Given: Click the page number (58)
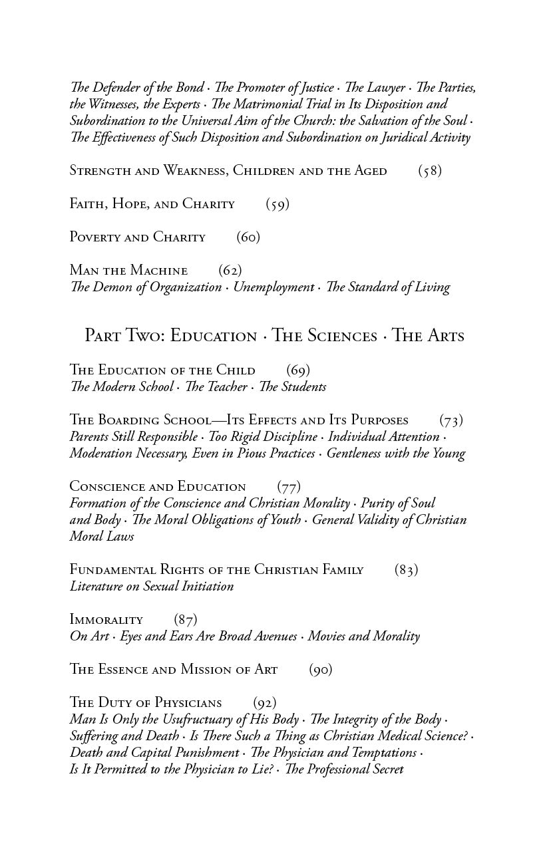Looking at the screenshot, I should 430,171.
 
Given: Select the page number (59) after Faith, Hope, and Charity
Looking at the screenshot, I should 277,204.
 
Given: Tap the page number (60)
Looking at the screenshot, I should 248,237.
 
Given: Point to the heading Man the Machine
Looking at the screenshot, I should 128,271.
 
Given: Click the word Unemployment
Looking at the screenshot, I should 274,287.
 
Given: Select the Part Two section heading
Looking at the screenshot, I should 274,336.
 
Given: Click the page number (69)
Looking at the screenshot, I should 298,370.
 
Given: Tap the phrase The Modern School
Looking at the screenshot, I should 122,387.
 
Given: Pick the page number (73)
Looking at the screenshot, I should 451,420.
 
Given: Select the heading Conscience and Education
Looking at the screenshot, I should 158,487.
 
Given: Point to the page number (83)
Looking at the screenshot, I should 406,570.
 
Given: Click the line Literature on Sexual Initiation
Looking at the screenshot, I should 152,587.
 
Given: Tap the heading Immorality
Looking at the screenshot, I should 106,620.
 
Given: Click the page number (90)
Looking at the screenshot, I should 321,670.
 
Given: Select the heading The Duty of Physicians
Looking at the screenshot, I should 146,703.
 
